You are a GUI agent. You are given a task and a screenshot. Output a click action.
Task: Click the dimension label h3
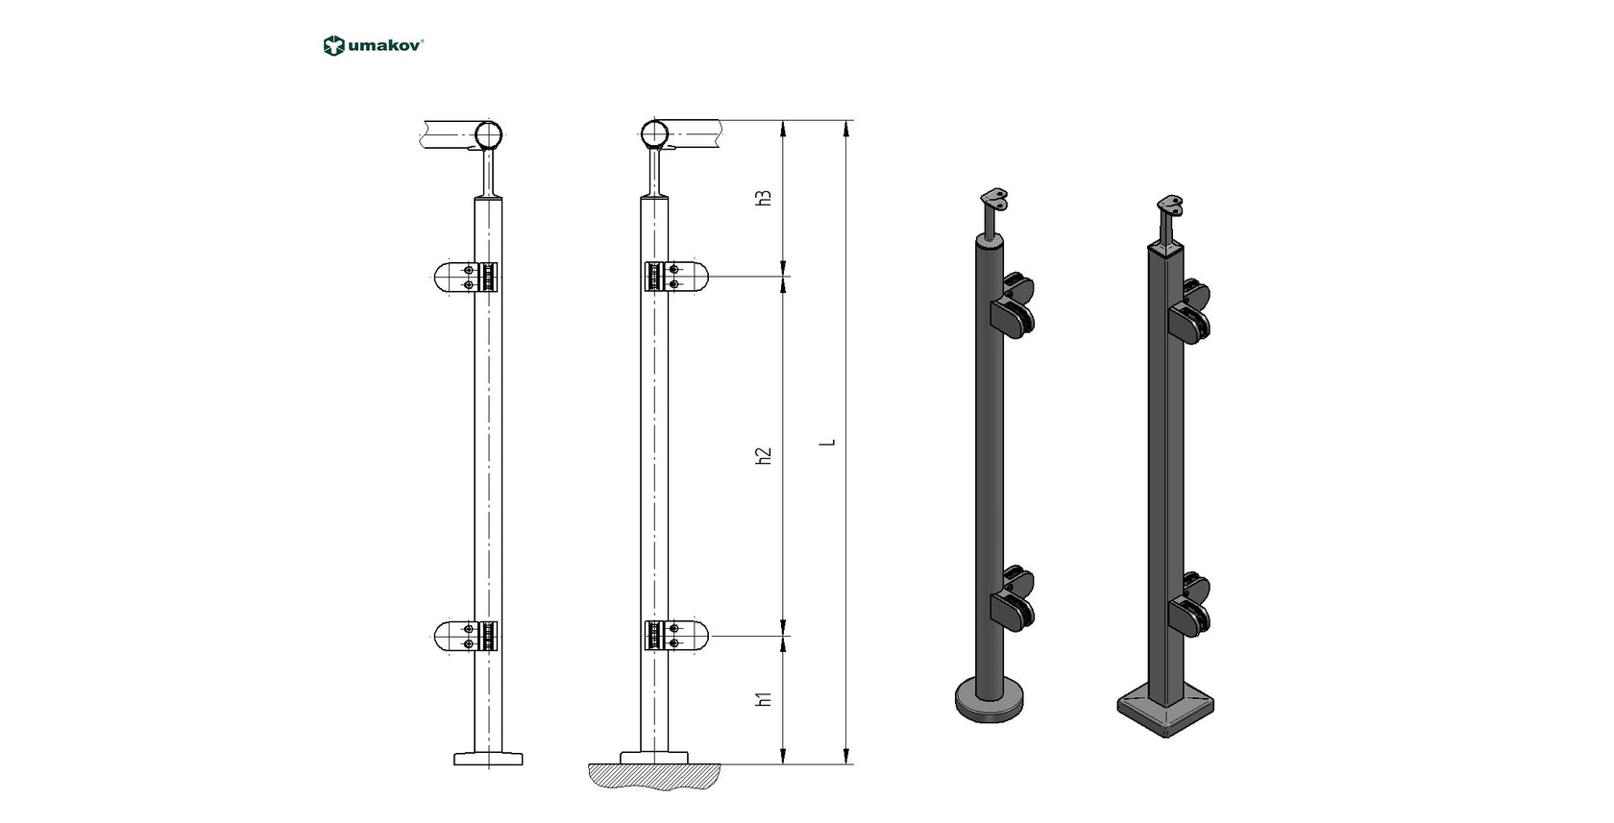tap(765, 198)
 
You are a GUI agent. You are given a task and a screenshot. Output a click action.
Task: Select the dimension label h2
tap(765, 456)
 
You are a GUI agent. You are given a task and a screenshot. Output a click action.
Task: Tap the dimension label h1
tap(765, 698)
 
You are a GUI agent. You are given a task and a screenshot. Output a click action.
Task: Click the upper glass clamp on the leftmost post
tap(466, 278)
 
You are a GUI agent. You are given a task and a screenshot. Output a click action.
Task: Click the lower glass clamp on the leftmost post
tap(466, 636)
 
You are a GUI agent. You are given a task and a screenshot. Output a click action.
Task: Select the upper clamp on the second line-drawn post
tap(676, 278)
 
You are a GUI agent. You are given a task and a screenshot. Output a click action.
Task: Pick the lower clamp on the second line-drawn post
tap(676, 636)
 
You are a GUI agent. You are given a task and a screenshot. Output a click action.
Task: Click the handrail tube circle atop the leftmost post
tap(491, 133)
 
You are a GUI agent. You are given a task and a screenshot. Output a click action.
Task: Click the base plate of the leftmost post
tap(488, 759)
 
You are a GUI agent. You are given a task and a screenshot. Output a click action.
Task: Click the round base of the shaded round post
tap(990, 700)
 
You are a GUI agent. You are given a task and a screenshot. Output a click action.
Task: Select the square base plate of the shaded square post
tap(1164, 710)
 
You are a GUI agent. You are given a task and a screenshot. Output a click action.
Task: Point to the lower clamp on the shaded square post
tap(1189, 601)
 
